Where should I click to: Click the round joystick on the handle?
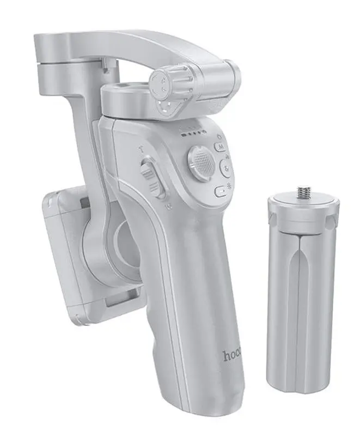[201, 161]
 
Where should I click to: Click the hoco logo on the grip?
[233, 356]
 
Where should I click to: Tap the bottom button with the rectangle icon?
[220, 191]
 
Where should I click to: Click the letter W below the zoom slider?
[169, 207]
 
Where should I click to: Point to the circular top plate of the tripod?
[303, 204]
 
